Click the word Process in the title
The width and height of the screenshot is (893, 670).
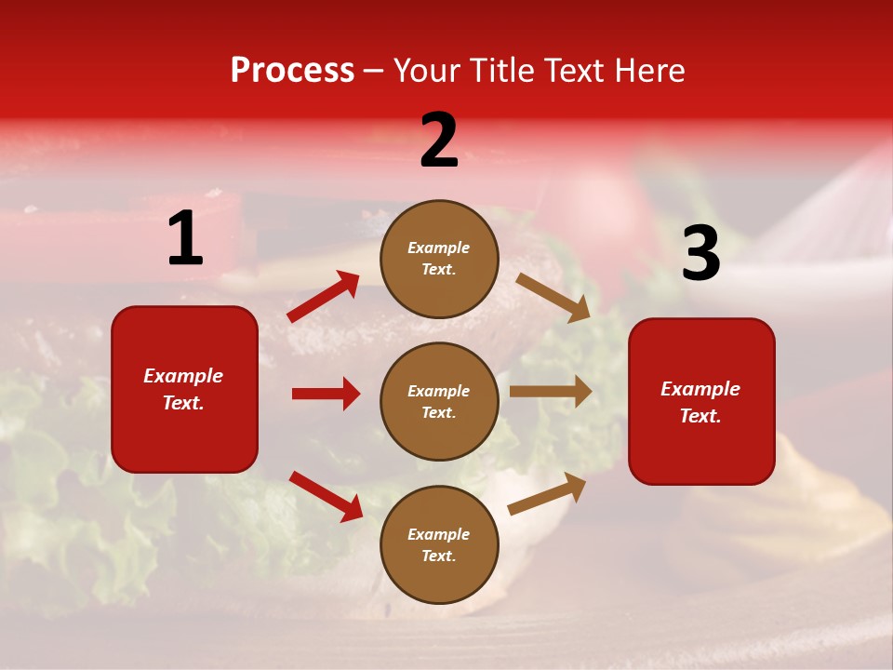click(x=292, y=71)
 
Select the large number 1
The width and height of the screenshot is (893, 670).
click(x=185, y=239)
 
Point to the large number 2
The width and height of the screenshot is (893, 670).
click(x=439, y=141)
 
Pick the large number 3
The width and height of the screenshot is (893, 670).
click(x=700, y=254)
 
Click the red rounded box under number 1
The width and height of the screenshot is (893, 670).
click(x=184, y=389)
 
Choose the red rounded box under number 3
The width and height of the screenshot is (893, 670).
click(x=701, y=401)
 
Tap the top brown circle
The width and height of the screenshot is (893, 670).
click(x=439, y=258)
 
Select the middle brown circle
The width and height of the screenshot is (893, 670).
click(x=439, y=401)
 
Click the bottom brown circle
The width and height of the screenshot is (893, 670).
click(x=439, y=544)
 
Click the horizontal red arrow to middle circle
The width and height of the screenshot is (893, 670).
click(x=326, y=394)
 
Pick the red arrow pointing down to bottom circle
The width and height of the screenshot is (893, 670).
click(x=326, y=496)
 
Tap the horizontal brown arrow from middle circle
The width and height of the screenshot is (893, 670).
click(x=551, y=392)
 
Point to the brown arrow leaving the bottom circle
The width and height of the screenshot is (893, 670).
click(x=547, y=493)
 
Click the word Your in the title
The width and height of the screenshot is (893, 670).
click(x=428, y=71)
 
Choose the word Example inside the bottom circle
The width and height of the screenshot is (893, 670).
click(x=439, y=534)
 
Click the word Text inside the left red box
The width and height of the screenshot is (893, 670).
click(x=182, y=403)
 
